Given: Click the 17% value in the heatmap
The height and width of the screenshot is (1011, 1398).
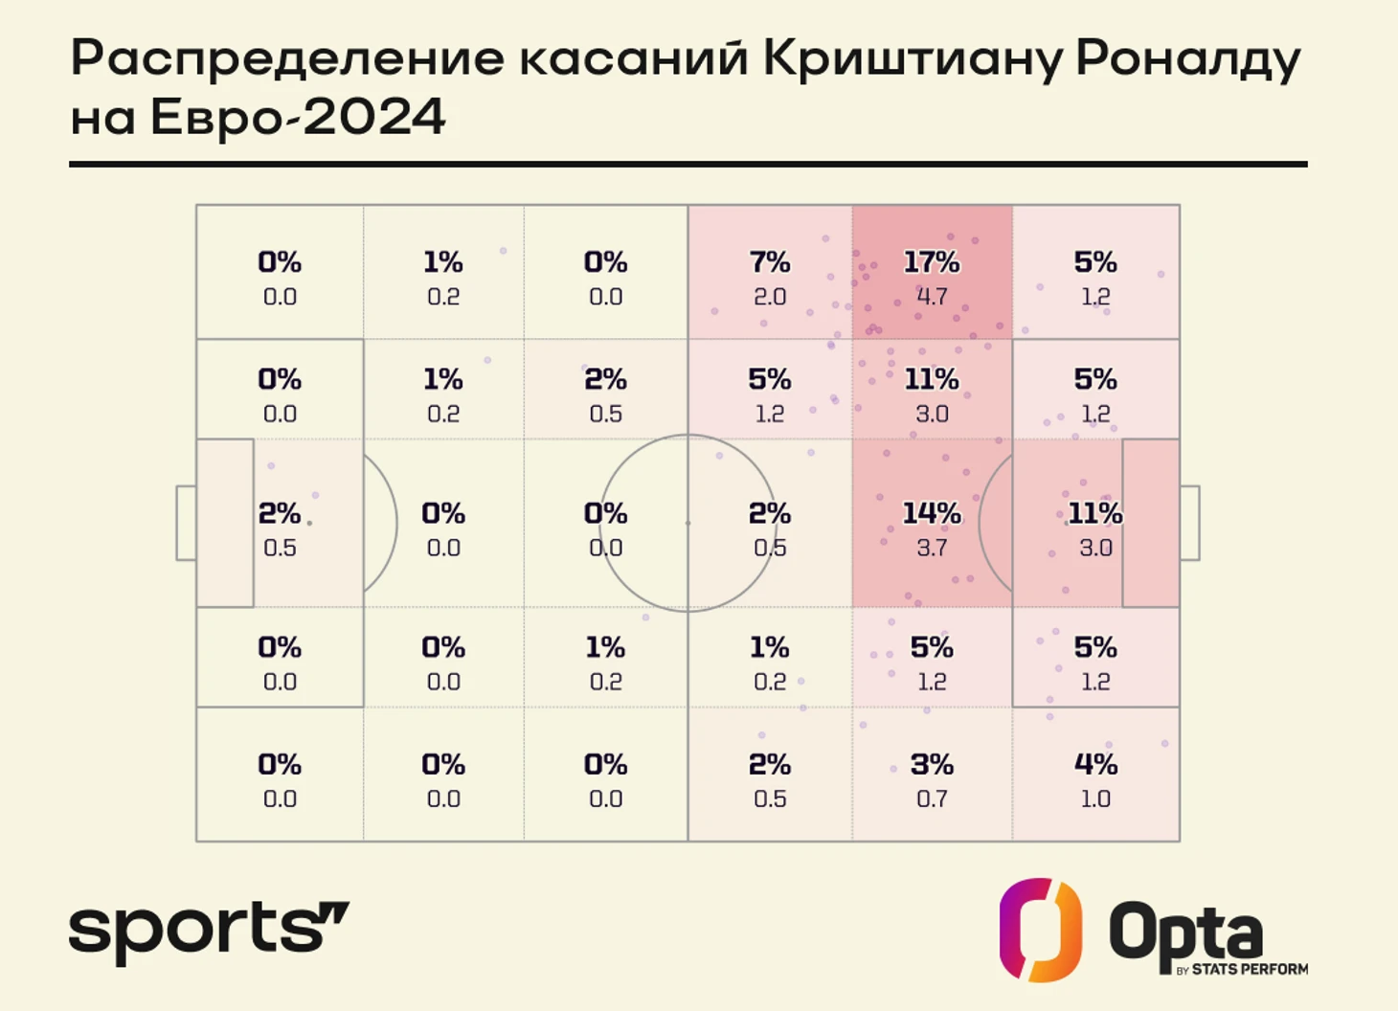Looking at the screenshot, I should [x=932, y=262].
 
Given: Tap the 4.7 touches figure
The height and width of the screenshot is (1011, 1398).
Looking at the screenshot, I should [x=932, y=297].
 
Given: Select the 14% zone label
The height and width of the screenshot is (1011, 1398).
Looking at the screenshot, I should [x=932, y=514].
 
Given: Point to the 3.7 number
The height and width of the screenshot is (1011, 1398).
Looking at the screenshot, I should [x=932, y=548].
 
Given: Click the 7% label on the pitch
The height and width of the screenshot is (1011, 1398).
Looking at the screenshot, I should [x=770, y=262].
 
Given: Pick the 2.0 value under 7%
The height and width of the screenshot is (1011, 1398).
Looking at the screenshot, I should [x=770, y=297].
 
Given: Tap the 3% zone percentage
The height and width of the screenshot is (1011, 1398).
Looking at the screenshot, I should [x=932, y=765].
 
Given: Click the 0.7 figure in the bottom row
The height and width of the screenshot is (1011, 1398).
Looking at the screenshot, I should [x=932, y=798].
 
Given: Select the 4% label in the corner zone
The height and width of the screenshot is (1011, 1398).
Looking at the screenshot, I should [x=1095, y=765].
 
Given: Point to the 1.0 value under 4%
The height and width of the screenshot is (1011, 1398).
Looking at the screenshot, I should [x=1095, y=798].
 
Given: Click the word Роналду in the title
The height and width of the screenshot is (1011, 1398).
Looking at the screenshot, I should [x=1188, y=59].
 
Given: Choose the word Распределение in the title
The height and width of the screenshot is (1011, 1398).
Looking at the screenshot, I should [x=287, y=59].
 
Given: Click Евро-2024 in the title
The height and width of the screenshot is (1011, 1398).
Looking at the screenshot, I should [x=298, y=118].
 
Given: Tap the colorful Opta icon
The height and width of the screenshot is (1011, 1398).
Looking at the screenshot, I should [x=1041, y=930].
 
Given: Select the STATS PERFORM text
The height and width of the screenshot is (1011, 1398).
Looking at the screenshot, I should [x=1250, y=970].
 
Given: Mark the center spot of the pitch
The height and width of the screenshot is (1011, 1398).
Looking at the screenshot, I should [x=688, y=523].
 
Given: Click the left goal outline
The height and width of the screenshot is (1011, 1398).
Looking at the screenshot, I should [x=186, y=523].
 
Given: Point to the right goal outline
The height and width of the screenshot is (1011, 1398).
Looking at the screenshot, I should [x=1189, y=523].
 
